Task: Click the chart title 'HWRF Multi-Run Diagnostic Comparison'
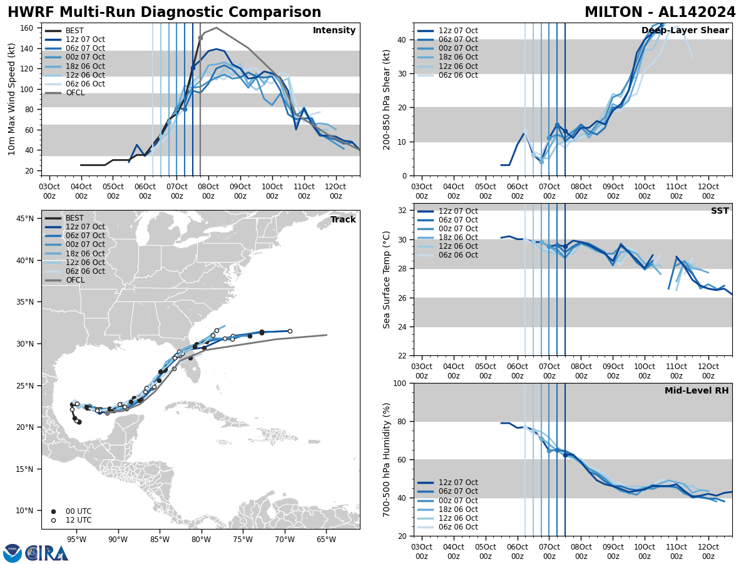pos(164,13)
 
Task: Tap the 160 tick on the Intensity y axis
pos(29,28)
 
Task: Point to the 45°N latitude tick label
pos(24,219)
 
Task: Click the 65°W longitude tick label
pos(326,539)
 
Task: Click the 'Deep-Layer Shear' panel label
pos(685,31)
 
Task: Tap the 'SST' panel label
pos(720,211)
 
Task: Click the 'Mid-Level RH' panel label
pos(697,391)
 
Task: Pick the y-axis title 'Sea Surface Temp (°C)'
pos(387,279)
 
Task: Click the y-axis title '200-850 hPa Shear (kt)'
pos(387,99)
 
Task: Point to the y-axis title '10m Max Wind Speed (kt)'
pos(12,99)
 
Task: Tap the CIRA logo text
pos(47,553)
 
